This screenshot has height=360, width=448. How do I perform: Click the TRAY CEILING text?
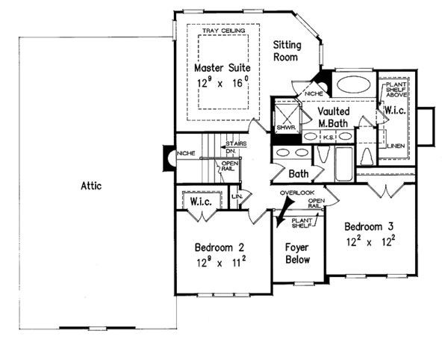click(x=225, y=31)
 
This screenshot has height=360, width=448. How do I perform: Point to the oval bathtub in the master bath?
click(x=350, y=83)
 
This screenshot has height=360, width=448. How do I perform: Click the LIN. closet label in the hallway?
click(x=238, y=196)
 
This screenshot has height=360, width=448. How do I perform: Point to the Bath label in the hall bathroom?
click(x=299, y=173)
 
